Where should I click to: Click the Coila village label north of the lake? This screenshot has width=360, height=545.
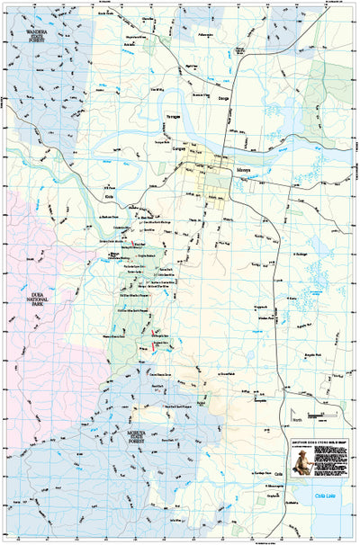tap(278, 472)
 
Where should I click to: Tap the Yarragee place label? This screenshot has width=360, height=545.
tap(172, 116)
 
